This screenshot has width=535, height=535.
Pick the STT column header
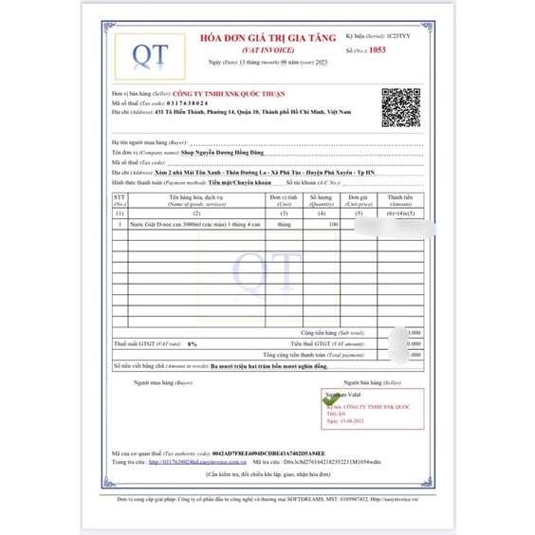point(120,200)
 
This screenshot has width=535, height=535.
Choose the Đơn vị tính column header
point(285,200)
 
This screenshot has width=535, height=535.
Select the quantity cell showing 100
point(333,224)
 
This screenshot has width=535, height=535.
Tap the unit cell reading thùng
point(285,224)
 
